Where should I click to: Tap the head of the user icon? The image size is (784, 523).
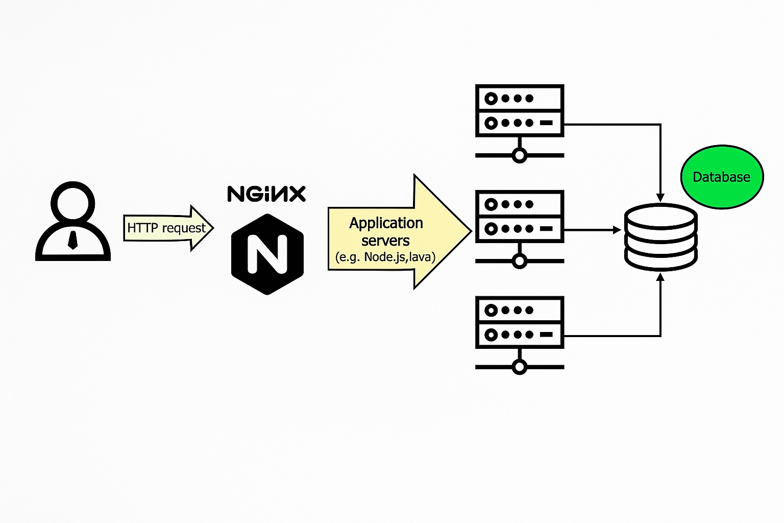(x=73, y=202)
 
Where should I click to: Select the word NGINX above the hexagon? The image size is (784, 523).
(x=266, y=194)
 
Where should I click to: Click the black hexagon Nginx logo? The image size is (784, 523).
(x=267, y=254)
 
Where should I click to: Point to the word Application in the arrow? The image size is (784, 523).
(x=386, y=223)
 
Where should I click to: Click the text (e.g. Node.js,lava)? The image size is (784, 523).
(x=385, y=257)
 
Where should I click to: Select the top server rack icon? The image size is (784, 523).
(x=519, y=111)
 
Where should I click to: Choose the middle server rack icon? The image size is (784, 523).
(x=519, y=217)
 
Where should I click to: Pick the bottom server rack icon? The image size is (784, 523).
(x=519, y=322)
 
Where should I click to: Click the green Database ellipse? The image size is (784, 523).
(x=722, y=177)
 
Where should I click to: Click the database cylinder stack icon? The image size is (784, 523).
(x=660, y=236)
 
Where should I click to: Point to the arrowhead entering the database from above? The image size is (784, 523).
(x=660, y=198)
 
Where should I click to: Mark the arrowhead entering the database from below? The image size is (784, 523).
(x=660, y=277)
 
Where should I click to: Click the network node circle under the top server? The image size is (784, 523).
(x=519, y=155)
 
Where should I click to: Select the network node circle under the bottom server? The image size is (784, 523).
(x=519, y=367)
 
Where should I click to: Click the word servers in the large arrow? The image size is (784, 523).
(x=385, y=241)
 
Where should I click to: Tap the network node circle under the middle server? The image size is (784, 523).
(x=519, y=261)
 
